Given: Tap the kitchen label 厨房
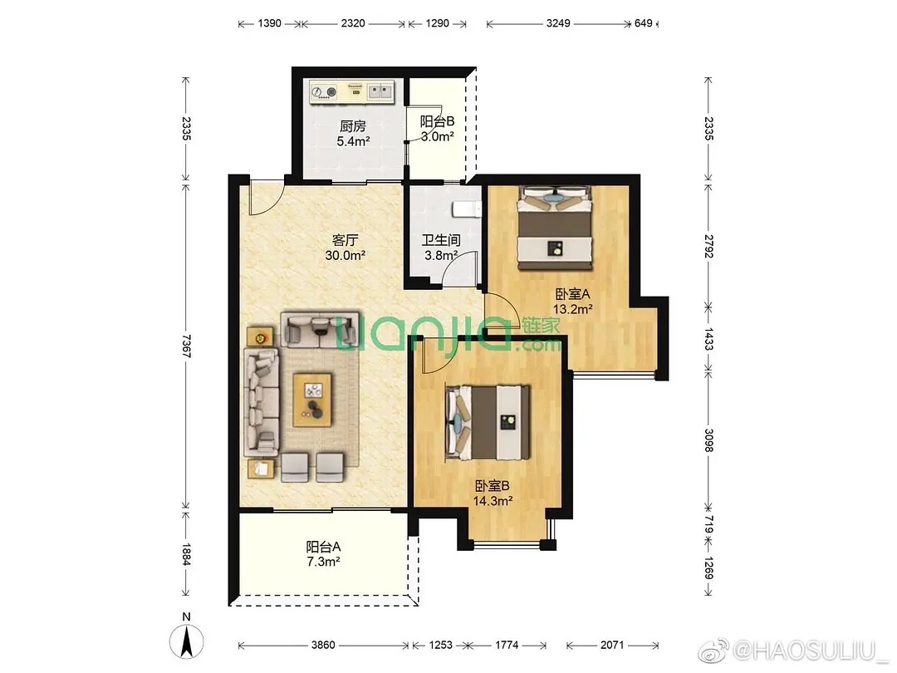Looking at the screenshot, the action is pos(352,126).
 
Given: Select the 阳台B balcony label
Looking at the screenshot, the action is pos(437,121).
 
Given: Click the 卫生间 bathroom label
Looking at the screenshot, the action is pos(441,240).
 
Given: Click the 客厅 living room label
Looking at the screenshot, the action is pos(345,240).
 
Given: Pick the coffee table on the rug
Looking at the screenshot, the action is pos(312,400).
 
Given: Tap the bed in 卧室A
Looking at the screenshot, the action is pos(554,228).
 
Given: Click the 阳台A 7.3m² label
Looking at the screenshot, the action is pos(323,554).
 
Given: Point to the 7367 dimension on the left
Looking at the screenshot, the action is pos(186,346).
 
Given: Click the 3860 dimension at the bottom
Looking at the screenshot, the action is pos(323,645).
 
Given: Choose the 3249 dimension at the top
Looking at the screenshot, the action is pos(558,23).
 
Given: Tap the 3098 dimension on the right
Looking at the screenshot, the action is pos(708,440).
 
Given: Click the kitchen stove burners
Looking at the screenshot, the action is pos(325,91).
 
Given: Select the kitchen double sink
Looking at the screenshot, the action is pos(380,91).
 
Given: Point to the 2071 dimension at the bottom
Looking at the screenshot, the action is pos(612,645).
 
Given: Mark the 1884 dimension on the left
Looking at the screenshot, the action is pos(186,554).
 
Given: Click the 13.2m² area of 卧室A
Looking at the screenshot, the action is pos(572,309).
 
